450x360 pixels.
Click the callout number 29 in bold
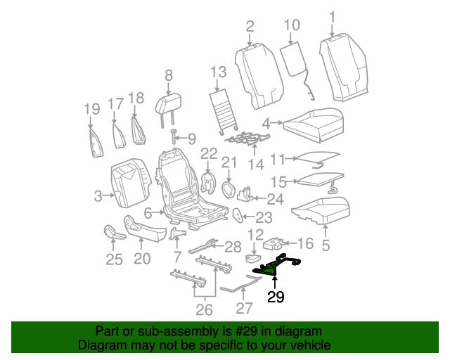tap(276, 297)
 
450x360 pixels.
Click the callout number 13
tap(218, 72)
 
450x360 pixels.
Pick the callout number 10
tap(292, 27)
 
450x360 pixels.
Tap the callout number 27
tap(243, 308)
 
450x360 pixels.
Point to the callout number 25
tap(114, 260)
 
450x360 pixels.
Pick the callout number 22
tap(209, 153)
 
